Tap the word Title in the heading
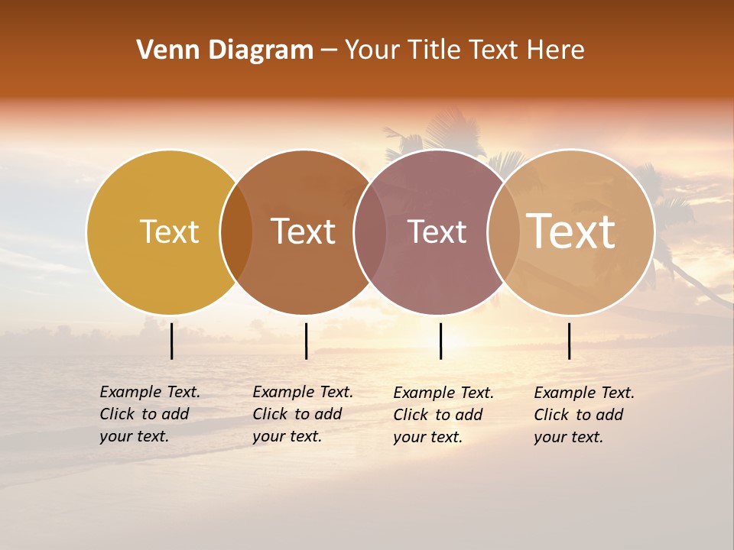tap(432, 50)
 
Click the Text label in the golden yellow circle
tap(169, 231)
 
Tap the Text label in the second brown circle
tap(304, 231)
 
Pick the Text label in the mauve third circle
tap(437, 231)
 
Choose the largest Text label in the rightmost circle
tap(571, 231)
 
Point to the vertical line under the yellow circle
tap(171, 341)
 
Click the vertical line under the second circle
tap(306, 341)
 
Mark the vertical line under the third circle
tap(440, 341)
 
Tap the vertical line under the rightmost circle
tap(569, 341)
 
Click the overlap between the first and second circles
tap(236, 232)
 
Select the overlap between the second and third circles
tap(370, 232)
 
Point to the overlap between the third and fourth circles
tap(503, 232)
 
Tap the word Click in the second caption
tap(270, 414)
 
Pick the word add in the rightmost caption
tap(609, 415)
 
